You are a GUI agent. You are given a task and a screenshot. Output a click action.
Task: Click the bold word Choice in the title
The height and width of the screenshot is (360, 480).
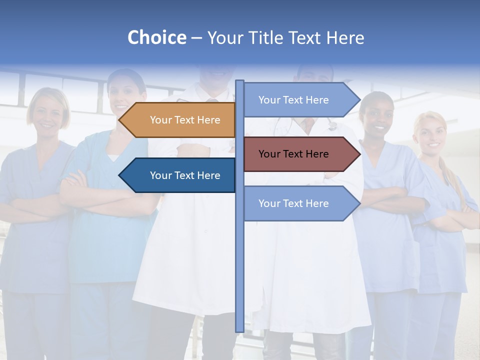(x=156, y=37)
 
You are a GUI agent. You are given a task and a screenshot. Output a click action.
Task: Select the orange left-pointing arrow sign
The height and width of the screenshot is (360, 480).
(x=185, y=120)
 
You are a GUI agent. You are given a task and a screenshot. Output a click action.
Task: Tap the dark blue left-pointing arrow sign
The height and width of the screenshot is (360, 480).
(x=185, y=175)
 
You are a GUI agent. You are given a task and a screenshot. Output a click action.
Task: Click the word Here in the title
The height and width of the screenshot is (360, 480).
(x=345, y=37)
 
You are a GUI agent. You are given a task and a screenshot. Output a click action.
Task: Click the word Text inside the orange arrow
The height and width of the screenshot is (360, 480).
(x=185, y=120)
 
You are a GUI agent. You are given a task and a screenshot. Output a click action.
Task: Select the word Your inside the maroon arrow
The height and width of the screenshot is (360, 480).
(x=269, y=154)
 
